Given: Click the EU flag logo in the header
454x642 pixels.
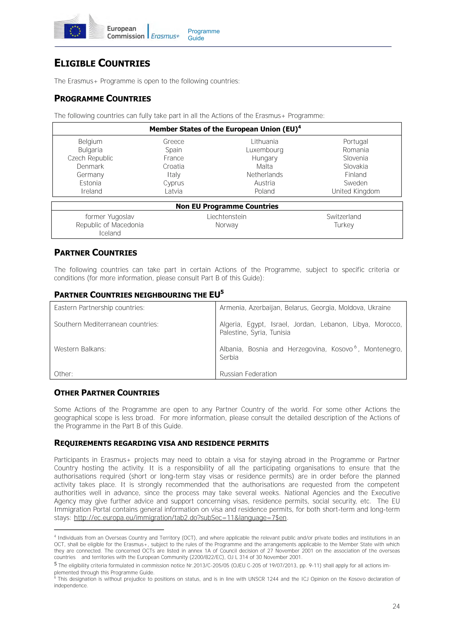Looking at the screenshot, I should coord(75,31).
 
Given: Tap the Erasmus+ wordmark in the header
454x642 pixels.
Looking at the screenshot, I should coord(165,36).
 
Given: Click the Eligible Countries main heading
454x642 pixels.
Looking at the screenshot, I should coord(102,63).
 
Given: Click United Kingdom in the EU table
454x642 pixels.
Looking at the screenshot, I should coord(355,191).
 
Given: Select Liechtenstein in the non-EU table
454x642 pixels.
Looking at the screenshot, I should coord(227,217).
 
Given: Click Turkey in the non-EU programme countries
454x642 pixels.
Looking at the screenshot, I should coord(344,225).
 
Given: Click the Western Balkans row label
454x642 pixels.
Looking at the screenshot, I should coord(80,349).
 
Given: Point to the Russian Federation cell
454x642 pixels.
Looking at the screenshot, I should coord(248,374).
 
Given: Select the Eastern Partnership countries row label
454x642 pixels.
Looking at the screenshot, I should coord(99,308).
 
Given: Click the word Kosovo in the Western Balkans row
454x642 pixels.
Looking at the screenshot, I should coord(342,349).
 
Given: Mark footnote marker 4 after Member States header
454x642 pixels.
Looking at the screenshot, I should coord(299,127).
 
